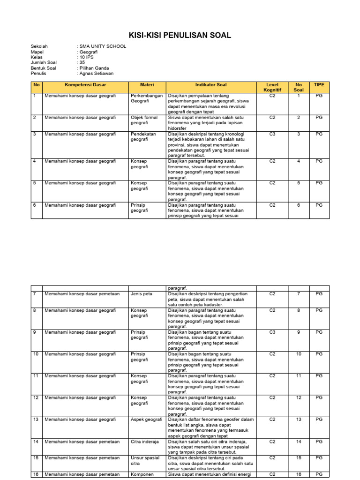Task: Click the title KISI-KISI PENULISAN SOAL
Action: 180,36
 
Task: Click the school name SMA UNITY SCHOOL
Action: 102,46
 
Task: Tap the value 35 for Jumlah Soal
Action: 82,63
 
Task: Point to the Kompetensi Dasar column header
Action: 85,85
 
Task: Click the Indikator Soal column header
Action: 211,85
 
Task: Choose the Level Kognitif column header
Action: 272,87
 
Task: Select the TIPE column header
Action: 319,85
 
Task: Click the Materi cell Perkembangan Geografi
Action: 146,98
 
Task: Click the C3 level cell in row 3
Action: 272,134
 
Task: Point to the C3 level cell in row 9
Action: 272,332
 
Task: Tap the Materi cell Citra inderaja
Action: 144,442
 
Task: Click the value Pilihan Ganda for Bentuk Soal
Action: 94,68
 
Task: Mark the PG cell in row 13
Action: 319,420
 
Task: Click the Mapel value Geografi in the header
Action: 88,52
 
